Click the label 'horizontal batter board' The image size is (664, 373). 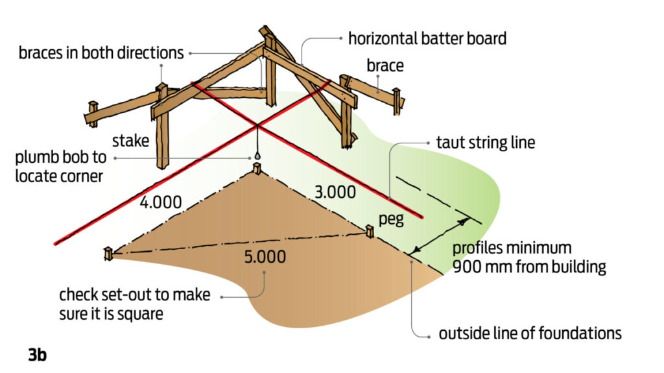427,38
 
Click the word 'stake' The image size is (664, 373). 131,141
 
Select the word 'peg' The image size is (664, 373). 390,219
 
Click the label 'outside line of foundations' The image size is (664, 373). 530,334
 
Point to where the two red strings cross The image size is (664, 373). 257,124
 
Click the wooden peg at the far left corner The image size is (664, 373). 108,254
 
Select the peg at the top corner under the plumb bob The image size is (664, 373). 257,169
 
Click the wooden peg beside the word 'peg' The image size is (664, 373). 369,231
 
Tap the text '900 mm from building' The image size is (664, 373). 528,267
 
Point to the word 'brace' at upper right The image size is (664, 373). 385,66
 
